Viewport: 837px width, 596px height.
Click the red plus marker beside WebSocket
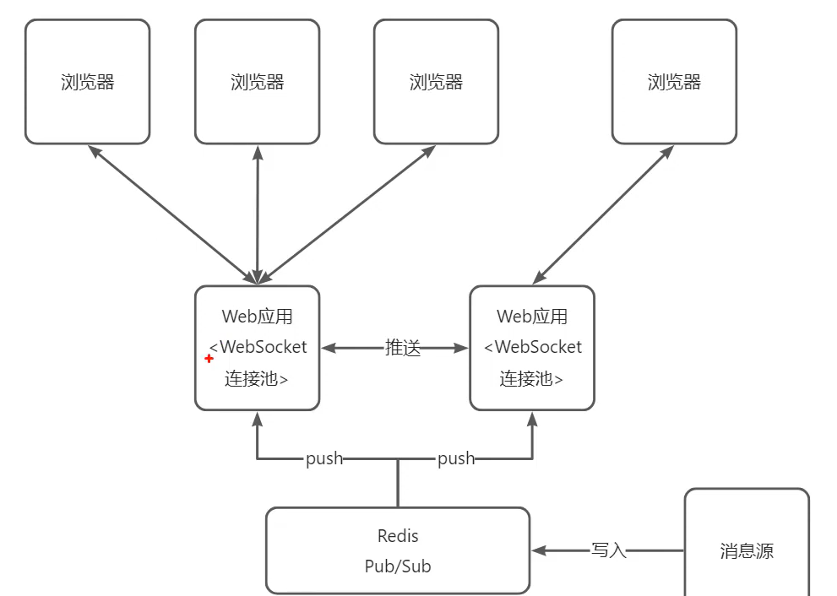209,359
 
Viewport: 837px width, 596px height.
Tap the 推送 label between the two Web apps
403,348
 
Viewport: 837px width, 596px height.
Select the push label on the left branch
324,458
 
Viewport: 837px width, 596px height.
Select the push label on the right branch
456,458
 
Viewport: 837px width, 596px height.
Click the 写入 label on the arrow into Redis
609,550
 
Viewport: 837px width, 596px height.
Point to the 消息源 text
747,551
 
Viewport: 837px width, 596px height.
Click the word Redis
398,536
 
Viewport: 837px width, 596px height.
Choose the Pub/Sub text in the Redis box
398,566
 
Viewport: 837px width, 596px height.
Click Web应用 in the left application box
258,317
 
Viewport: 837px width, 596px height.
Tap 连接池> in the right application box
531,379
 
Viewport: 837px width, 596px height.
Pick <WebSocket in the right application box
533,347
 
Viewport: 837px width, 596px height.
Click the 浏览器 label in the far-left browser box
88,82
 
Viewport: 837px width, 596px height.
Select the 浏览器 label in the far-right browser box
675,82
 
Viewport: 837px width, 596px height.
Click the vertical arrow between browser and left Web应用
258,215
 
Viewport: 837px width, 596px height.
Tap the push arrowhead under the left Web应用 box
258,419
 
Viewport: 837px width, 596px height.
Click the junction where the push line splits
398,459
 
